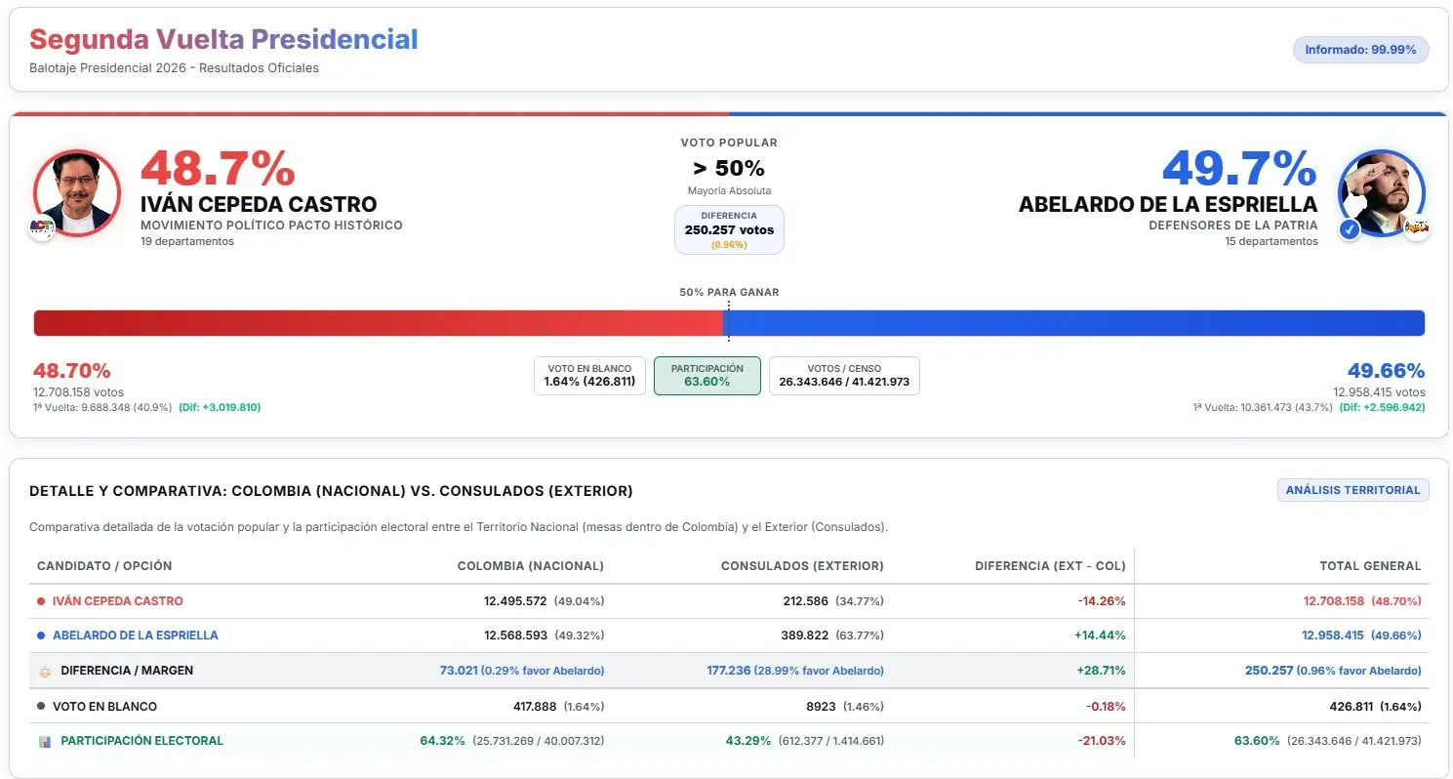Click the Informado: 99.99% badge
point(1360,50)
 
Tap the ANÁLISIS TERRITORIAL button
point(1352,490)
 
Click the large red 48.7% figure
point(218,169)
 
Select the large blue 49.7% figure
point(1239,169)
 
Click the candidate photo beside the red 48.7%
point(76,193)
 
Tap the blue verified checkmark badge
point(1350,229)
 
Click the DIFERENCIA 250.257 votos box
point(729,229)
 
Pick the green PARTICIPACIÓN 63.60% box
point(707,375)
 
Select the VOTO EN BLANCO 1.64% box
point(589,375)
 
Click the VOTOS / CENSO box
point(844,375)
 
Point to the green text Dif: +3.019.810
point(220,408)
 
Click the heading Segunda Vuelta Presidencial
point(223,39)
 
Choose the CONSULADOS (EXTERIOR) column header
point(802,566)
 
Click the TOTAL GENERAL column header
point(1370,566)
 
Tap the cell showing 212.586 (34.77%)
point(833,601)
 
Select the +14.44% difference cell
point(1100,635)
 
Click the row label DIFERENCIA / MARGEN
point(127,671)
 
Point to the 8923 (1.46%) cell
point(845,707)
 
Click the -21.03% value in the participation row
point(1102,741)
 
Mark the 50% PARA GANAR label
point(729,292)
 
